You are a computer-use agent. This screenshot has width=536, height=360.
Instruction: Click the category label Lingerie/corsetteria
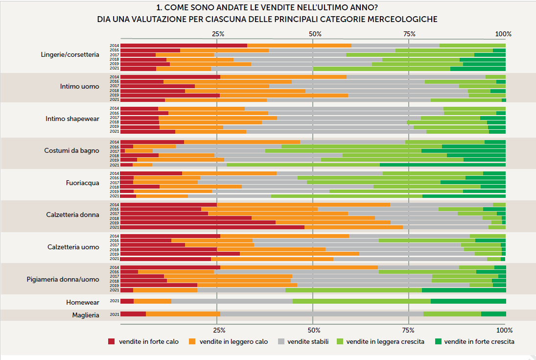tap(70, 54)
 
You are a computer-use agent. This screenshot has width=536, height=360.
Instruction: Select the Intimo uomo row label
tap(79, 87)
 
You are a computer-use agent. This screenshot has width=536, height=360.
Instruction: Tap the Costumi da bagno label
tap(71, 150)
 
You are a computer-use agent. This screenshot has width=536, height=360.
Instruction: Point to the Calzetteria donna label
tap(72, 215)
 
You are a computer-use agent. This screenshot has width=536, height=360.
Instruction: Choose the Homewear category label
tap(83, 302)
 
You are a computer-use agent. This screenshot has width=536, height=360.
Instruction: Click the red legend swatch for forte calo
tap(111, 341)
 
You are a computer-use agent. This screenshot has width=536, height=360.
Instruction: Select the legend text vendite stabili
tap(308, 341)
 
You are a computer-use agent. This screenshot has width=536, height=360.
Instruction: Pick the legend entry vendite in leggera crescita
tap(385, 341)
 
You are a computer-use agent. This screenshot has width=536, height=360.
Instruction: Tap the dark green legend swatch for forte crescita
tap(438, 341)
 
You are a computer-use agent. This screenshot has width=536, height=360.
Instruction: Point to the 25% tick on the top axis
tap(218, 34)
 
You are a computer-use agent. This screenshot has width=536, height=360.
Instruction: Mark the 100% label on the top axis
tap(503, 34)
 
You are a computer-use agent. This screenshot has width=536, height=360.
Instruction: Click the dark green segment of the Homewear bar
tap(468, 301)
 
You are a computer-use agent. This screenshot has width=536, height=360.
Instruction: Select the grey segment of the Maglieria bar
tap(322, 314)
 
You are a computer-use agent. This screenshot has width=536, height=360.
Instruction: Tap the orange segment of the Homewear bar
tap(152, 301)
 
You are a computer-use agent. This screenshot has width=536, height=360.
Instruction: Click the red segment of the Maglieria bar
tap(133, 314)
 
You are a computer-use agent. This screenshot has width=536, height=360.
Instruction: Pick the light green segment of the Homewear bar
tap(361, 301)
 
